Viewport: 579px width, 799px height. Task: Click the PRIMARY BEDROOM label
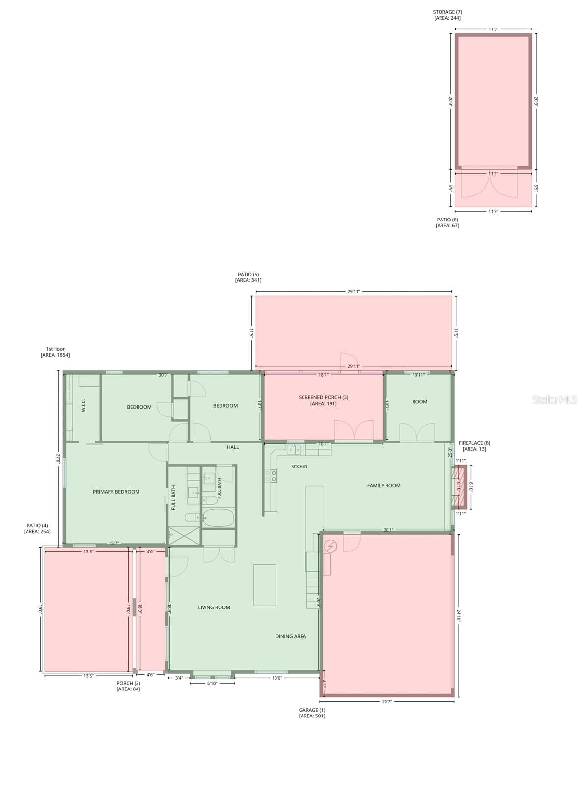point(116,492)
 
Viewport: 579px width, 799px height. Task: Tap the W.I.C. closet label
point(83,406)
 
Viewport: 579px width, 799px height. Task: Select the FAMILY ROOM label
point(384,486)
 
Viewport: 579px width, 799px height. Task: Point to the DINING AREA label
point(290,636)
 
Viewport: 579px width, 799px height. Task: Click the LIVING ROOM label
point(214,607)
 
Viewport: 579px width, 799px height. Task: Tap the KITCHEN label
point(299,466)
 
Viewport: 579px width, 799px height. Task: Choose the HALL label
point(233,447)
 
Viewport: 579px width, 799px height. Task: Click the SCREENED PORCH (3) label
point(324,397)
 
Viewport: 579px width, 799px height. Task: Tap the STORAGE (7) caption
point(447,12)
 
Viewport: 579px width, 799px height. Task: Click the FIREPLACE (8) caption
point(474,443)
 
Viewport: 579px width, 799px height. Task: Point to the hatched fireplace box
point(460,487)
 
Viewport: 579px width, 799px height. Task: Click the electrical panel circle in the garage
point(331,546)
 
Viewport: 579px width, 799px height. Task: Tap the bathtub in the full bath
point(219,518)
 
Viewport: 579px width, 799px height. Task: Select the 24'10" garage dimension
point(459,616)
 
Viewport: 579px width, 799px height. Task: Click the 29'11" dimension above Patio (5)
point(354,291)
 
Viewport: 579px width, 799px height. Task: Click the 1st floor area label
point(55,352)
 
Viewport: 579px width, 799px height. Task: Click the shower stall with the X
point(184,536)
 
